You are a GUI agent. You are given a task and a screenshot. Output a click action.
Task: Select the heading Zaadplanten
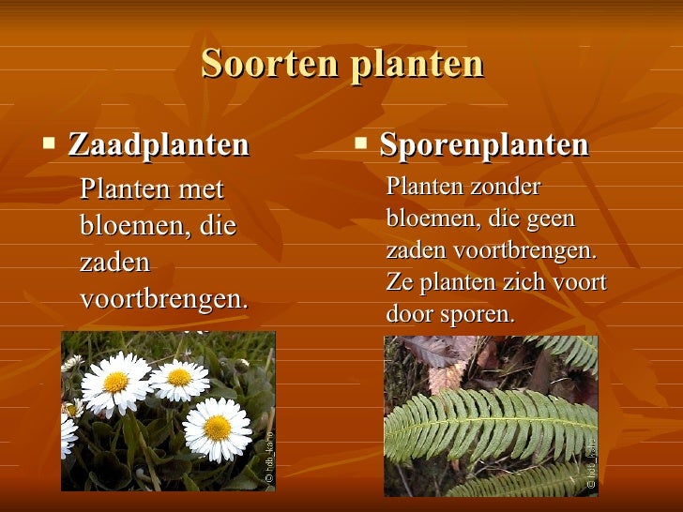coord(159,145)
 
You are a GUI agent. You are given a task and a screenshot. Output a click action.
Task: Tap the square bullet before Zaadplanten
coord(50,143)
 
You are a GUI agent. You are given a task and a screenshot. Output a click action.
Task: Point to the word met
coord(201,190)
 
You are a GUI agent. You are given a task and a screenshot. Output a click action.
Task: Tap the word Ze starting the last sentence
coord(399,283)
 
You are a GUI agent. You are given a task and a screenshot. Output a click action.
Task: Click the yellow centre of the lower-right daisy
coord(217,428)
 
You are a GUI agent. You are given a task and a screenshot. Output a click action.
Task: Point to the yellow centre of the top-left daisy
coord(116,382)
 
